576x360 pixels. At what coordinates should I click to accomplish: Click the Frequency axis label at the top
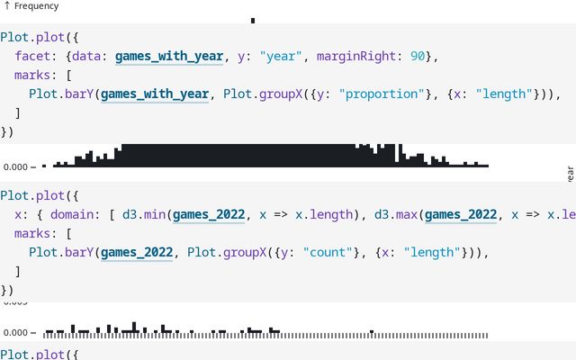coord(36,6)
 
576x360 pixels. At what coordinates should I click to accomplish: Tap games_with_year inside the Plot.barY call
coord(155,94)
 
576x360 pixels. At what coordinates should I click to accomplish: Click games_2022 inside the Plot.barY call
coord(137,253)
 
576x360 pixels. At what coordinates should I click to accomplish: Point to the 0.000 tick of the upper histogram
coord(16,166)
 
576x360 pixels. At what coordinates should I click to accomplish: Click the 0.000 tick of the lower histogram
coord(16,332)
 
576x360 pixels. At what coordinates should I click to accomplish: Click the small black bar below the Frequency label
coord(253,20)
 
